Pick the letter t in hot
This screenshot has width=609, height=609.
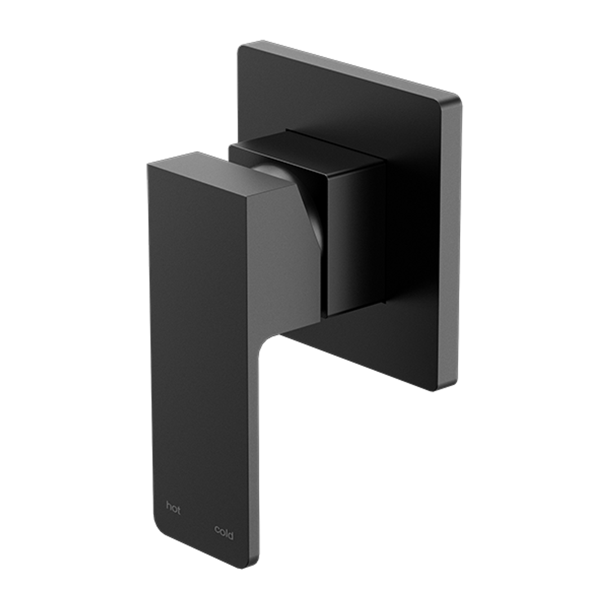[x=179, y=511]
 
